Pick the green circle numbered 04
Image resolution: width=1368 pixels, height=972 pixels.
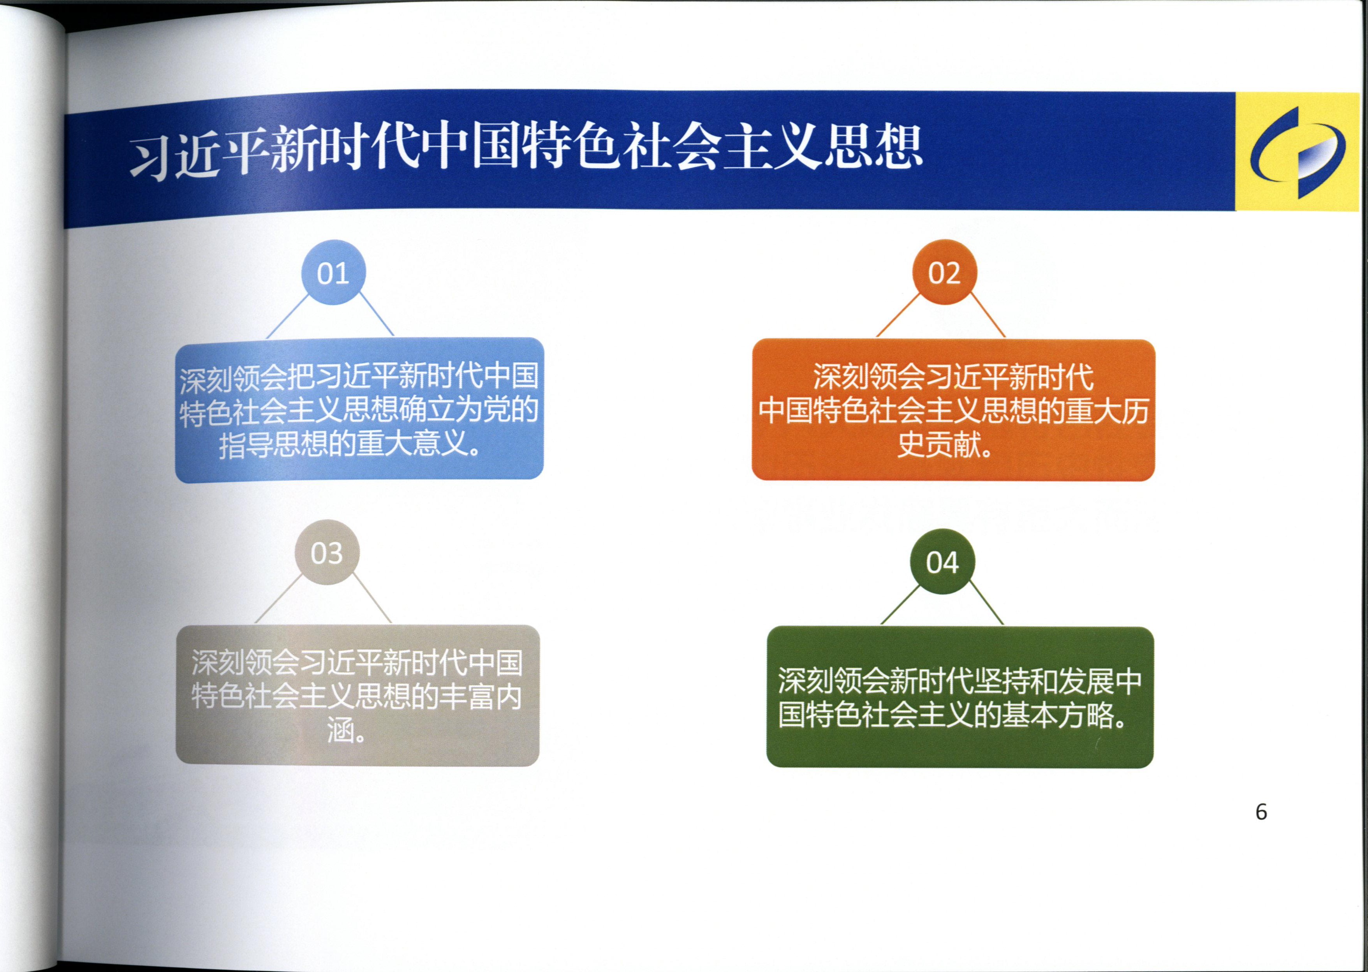tap(942, 562)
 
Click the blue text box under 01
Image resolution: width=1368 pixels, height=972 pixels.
tap(359, 409)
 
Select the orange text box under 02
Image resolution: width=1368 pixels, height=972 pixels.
tap(952, 410)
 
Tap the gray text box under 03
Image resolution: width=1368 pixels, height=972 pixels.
tap(357, 696)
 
